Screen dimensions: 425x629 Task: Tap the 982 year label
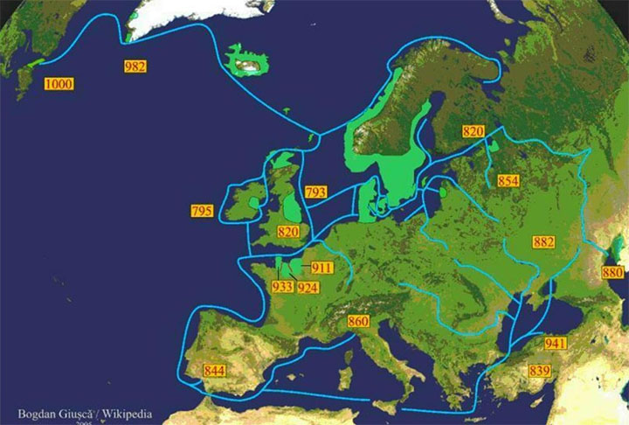(135, 66)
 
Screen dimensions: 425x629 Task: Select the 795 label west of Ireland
(202, 211)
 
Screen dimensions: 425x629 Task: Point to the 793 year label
(315, 191)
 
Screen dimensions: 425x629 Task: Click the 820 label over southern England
(288, 231)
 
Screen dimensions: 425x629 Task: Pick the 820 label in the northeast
(473, 131)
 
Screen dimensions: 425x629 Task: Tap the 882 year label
(543, 241)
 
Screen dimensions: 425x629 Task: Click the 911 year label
(321, 268)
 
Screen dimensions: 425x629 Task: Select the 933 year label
(282, 287)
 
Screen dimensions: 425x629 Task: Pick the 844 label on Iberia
(214, 371)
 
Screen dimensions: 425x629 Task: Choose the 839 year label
(539, 371)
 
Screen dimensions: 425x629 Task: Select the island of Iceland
(248, 62)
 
